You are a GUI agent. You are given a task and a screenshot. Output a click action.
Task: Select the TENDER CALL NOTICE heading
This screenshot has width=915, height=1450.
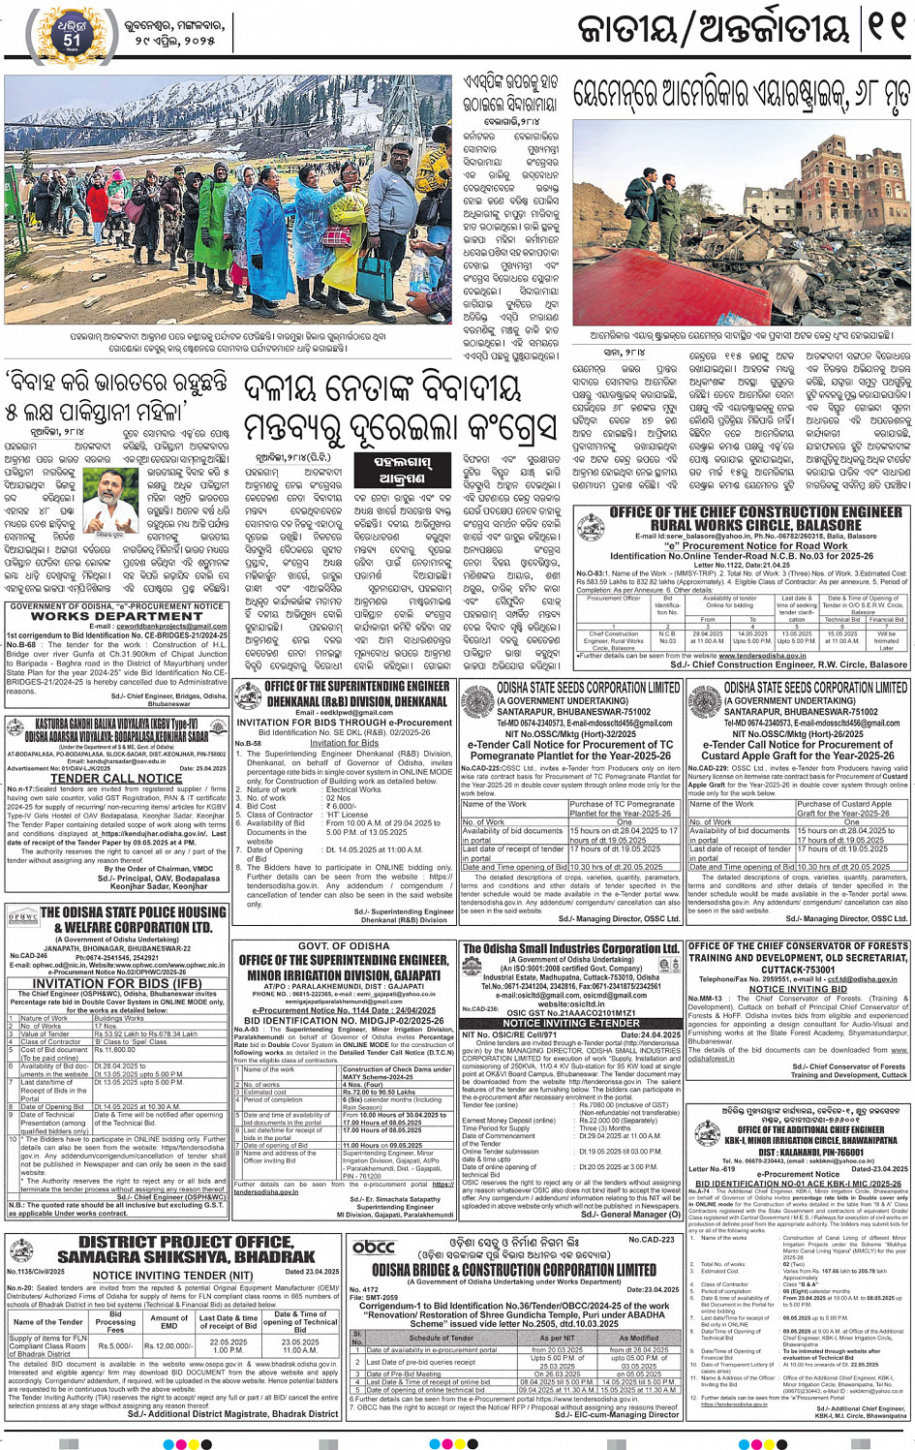[116, 778]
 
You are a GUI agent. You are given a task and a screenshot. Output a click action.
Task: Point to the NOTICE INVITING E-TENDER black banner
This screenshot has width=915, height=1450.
[570, 1023]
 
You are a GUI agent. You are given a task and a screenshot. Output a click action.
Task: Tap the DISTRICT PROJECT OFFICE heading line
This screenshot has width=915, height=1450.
[185, 1242]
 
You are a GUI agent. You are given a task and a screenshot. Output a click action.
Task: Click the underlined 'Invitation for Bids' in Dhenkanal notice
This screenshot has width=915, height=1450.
[344, 743]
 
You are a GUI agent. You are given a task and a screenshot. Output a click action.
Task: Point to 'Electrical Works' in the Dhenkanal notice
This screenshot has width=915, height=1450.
[353, 789]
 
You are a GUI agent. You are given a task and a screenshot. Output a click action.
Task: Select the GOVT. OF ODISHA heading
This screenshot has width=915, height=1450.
[343, 945]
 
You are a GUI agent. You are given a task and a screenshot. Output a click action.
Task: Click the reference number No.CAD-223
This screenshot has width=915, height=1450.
[652, 1239]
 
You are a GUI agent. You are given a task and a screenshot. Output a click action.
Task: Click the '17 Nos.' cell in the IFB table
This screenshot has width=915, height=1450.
[106, 1026]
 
